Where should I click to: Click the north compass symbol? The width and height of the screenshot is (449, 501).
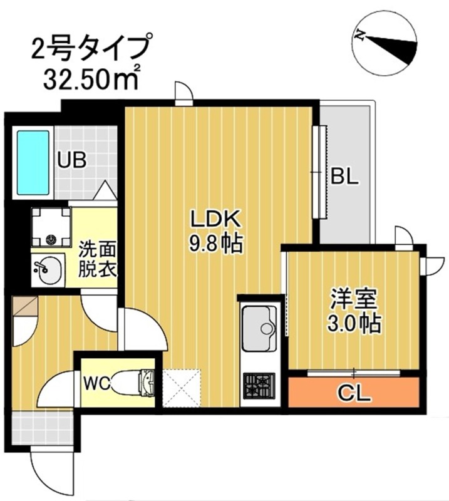[x=384, y=41]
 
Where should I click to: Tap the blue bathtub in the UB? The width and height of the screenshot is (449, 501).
[x=33, y=163]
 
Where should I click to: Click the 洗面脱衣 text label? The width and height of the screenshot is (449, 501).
[x=95, y=259]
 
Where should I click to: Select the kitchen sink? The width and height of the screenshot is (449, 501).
[x=259, y=328]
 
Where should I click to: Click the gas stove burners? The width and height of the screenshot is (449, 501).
[x=259, y=384]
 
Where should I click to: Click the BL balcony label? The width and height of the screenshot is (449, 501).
[x=344, y=177]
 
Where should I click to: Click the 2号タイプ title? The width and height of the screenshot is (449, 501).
[x=90, y=47]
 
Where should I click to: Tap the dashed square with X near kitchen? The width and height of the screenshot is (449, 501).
[x=181, y=388]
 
